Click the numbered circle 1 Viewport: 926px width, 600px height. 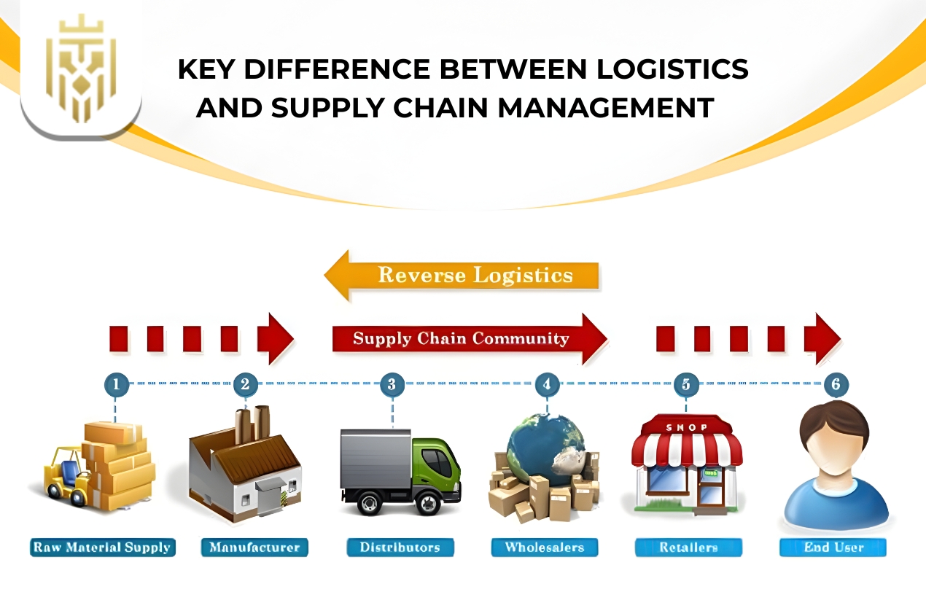click(x=117, y=383)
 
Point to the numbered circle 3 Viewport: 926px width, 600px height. click(x=392, y=383)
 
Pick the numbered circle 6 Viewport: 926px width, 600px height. click(x=836, y=383)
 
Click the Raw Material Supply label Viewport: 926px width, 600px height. click(x=103, y=548)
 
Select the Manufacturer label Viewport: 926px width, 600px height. click(x=254, y=548)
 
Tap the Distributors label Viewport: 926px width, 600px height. click(x=400, y=548)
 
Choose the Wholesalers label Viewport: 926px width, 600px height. click(x=544, y=548)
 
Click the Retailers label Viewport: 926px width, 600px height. click(x=688, y=548)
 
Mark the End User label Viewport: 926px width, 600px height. click(x=833, y=548)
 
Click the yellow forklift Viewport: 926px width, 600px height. click(x=66, y=478)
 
